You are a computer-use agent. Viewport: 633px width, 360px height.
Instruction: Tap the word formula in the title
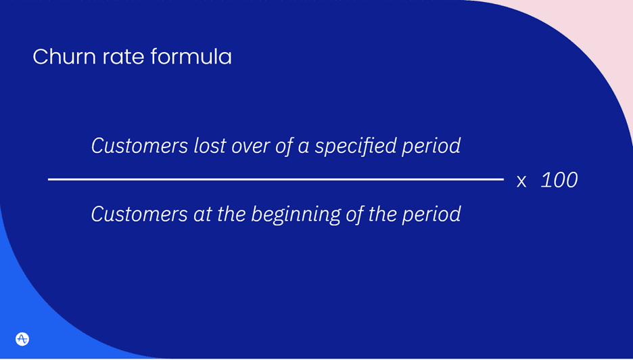[x=191, y=57]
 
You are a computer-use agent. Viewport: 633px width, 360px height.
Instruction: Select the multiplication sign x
[x=521, y=181]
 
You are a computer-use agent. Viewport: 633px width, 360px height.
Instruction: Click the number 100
[x=559, y=181]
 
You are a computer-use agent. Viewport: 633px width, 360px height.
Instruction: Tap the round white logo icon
[x=22, y=338]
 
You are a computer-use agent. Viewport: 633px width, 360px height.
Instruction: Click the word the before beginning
[x=225, y=215]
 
